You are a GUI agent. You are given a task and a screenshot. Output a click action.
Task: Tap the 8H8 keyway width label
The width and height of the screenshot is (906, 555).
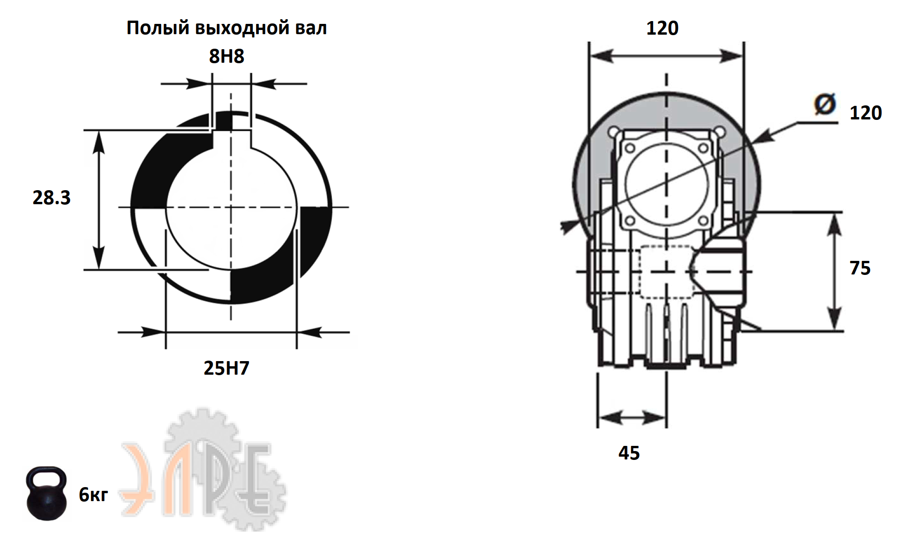[227, 56]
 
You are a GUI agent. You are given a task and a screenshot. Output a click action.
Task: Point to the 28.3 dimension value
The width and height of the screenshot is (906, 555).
[52, 198]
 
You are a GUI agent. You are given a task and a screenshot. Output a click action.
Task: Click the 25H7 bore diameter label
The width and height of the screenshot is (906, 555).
[227, 368]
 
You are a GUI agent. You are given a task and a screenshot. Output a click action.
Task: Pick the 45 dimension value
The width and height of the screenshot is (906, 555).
[629, 453]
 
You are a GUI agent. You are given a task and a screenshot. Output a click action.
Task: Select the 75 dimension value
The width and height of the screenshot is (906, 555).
[860, 268]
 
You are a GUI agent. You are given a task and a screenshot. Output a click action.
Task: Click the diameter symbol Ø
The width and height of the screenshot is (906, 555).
[825, 104]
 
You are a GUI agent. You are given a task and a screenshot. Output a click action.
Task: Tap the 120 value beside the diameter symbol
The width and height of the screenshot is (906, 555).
[866, 113]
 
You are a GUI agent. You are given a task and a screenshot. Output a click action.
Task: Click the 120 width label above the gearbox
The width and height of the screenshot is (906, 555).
[662, 28]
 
